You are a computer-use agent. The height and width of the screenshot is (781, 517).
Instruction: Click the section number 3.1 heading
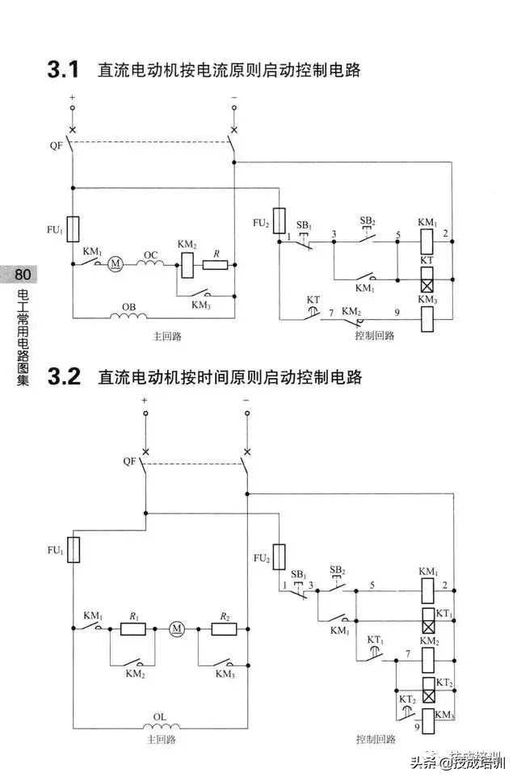click(x=64, y=70)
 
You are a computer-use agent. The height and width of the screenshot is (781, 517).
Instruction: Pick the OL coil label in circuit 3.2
click(x=162, y=716)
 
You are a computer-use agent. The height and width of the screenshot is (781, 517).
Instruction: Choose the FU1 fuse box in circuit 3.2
click(x=73, y=550)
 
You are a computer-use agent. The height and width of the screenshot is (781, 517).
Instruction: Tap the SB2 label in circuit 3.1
click(x=368, y=220)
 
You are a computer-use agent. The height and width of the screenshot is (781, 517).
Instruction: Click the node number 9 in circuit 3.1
click(x=397, y=312)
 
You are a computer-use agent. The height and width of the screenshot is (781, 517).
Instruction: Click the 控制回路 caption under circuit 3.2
click(x=376, y=739)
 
